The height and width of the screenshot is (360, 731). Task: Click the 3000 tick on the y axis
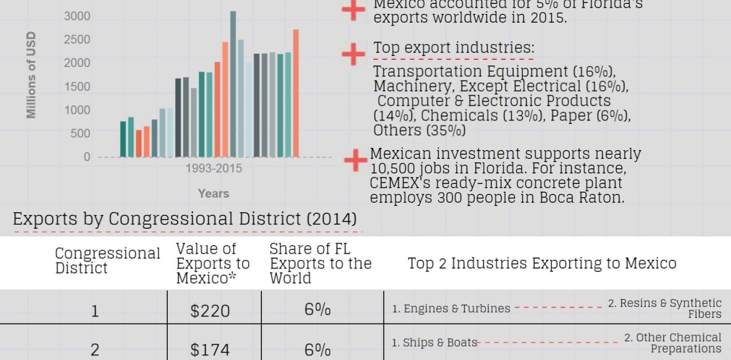click(x=77, y=16)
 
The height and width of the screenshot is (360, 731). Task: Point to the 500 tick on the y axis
click(x=80, y=133)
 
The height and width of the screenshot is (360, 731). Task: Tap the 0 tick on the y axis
click(x=86, y=157)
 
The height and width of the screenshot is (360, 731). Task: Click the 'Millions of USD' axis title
click(x=32, y=74)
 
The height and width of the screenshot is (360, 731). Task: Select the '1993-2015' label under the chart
click(x=214, y=168)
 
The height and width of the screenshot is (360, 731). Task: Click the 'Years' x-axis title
click(x=214, y=193)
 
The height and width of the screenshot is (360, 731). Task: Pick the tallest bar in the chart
click(x=233, y=83)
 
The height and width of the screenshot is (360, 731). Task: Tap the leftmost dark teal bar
click(x=123, y=139)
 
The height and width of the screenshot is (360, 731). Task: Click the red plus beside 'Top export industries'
click(x=353, y=54)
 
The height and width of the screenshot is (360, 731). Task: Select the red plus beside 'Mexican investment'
click(x=356, y=160)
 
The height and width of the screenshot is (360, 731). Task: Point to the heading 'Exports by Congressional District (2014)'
click(x=185, y=219)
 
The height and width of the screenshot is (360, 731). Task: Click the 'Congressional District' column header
click(x=107, y=260)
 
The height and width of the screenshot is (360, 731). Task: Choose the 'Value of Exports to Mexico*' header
click(x=213, y=264)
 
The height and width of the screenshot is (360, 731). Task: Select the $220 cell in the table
click(x=210, y=311)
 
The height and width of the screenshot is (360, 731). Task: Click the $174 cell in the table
click(x=210, y=349)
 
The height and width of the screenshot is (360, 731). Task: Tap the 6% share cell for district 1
click(x=318, y=310)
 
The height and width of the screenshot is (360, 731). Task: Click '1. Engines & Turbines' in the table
click(x=451, y=308)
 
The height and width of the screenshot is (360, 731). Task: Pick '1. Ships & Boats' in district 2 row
click(x=434, y=343)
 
